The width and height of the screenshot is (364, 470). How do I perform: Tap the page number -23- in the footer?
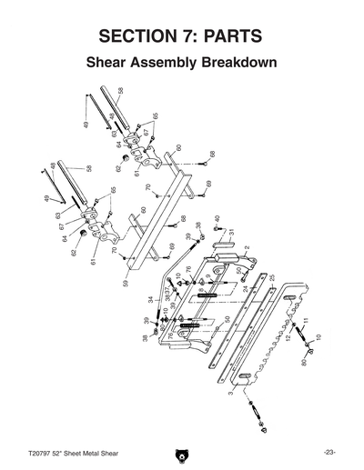click(329, 452)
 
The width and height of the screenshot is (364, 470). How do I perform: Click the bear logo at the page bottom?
click(182, 452)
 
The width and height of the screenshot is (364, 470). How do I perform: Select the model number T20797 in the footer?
click(42, 452)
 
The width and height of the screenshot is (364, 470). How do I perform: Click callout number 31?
click(231, 233)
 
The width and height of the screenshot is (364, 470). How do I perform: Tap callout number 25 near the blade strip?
click(271, 276)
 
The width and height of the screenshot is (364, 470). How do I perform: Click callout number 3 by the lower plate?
click(231, 393)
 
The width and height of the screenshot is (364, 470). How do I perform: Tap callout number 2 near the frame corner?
click(246, 247)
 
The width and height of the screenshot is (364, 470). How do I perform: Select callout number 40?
click(217, 219)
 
